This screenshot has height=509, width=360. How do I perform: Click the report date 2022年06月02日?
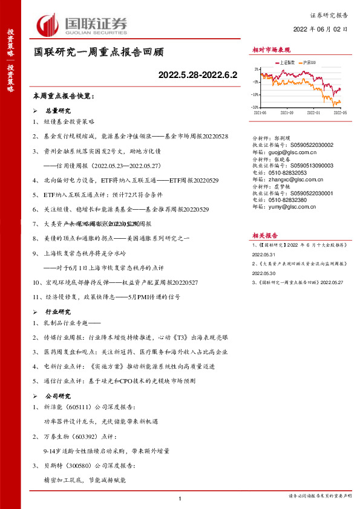[321, 29]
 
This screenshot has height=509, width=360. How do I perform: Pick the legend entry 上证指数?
[286, 62]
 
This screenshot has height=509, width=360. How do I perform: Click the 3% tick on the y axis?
[257, 70]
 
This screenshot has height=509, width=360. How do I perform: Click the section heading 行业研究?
[59, 313]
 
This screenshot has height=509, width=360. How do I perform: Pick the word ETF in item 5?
[50, 195]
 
